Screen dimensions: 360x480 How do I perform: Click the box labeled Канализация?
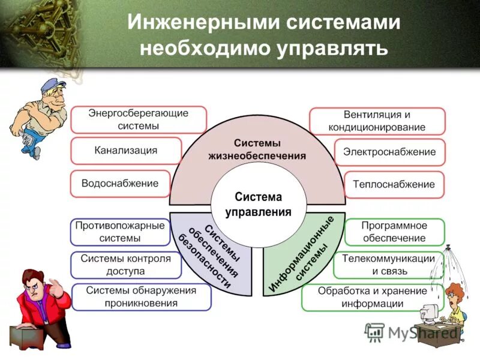126,151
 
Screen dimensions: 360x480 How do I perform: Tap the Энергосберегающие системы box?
139,119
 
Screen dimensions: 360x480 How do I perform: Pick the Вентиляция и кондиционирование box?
377,121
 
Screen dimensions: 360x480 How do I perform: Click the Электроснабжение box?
389,152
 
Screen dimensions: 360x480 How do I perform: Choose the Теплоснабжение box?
394,185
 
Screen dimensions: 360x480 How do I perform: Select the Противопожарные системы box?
119,232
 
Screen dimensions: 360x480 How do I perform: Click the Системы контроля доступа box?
125,265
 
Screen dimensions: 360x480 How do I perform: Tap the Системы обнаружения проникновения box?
141,297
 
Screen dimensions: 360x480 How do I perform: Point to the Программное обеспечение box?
394,232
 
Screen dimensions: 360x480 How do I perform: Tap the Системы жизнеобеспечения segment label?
257,149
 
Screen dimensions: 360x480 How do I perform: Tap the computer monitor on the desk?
431,313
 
